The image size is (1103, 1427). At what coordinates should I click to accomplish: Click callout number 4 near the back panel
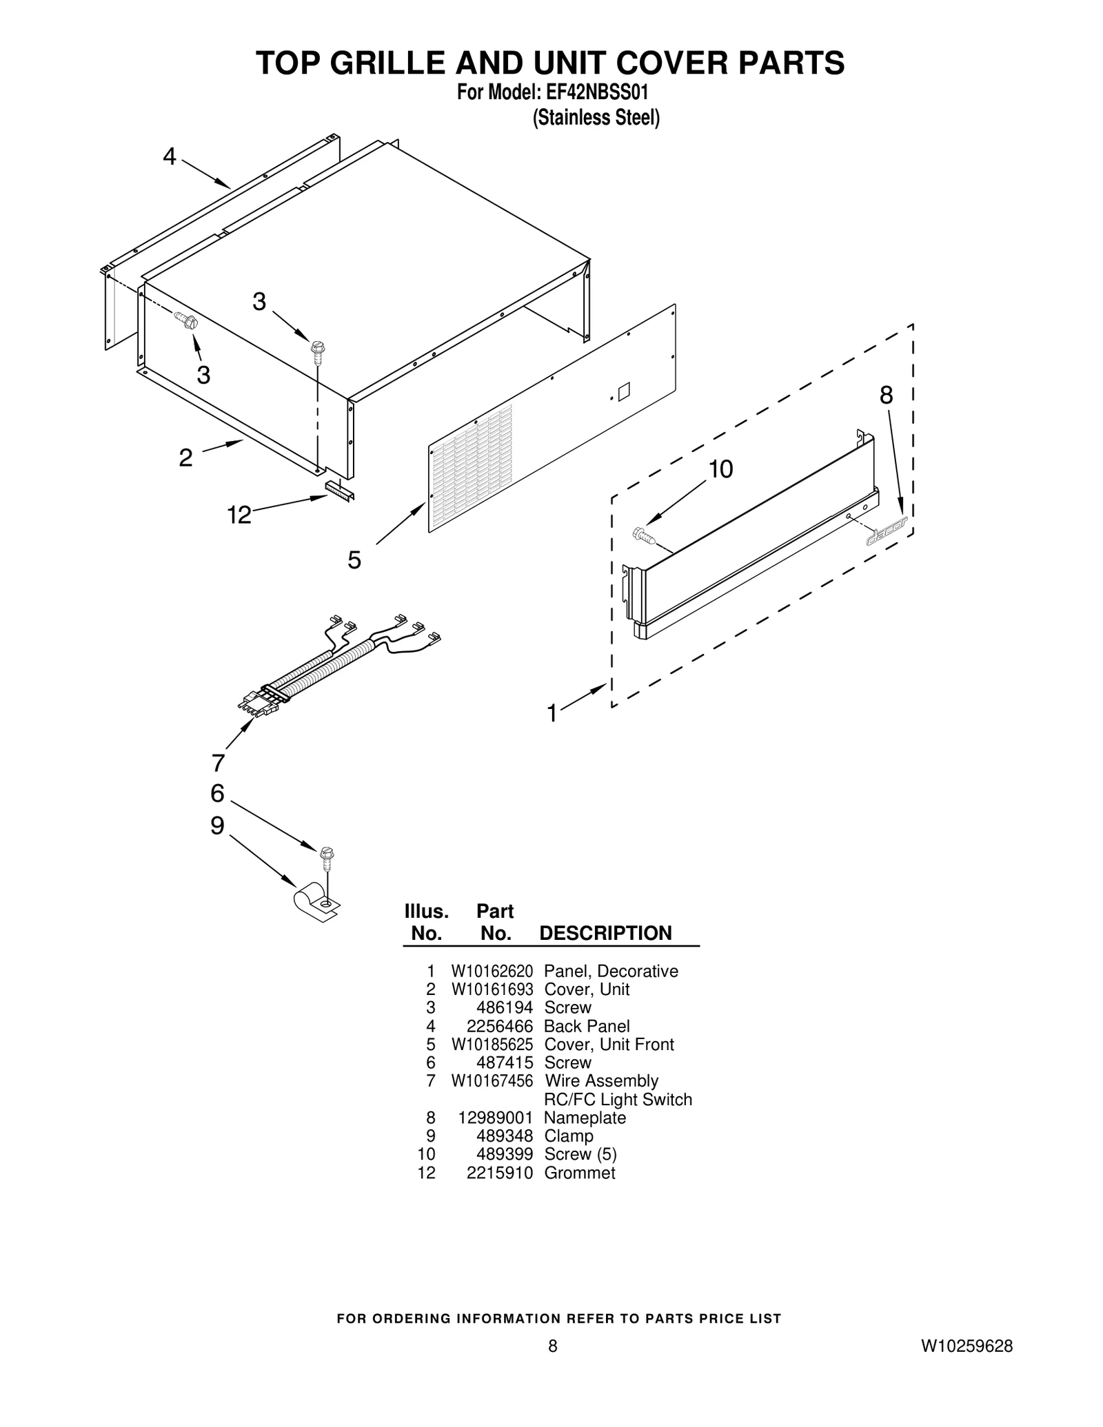[170, 157]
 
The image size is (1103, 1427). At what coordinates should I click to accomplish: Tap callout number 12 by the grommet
[239, 515]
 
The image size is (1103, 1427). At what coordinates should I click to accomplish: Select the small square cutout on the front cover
[624, 392]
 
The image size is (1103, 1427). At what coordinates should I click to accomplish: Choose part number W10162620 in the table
[492, 971]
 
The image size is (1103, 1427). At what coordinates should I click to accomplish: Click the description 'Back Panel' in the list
[587, 1026]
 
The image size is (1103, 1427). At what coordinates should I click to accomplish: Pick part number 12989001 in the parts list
[495, 1118]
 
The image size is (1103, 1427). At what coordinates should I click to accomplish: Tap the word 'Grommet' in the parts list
[579, 1173]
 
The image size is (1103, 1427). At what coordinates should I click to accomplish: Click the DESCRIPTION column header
[605, 933]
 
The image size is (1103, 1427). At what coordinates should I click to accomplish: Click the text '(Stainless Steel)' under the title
[596, 118]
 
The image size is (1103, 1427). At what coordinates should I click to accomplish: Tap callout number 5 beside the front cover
[354, 560]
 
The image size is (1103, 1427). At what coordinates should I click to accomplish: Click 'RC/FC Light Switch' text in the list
[618, 1100]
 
